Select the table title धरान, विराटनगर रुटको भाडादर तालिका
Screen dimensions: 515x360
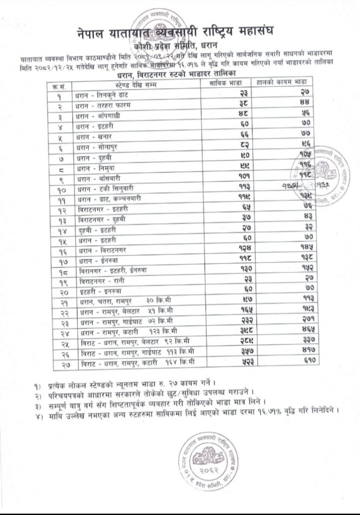[181, 73]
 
